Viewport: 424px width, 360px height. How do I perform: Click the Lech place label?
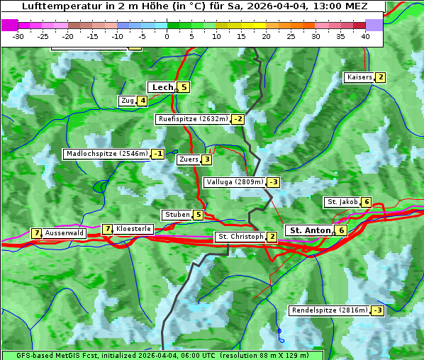[x=162, y=87]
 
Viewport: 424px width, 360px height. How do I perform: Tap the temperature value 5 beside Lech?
[x=184, y=87]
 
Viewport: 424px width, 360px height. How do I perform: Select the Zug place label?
[x=128, y=101]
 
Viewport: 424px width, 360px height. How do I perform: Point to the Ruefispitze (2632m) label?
[x=193, y=119]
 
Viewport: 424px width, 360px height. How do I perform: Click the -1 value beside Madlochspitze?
[x=158, y=154]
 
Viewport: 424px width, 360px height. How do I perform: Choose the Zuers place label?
[x=189, y=159]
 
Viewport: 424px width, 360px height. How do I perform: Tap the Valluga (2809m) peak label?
[x=235, y=182]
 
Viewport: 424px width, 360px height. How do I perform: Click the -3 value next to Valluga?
[x=274, y=182]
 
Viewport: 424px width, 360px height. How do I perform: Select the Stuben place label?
[x=177, y=215]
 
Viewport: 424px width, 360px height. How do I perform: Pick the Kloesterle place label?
[x=133, y=229]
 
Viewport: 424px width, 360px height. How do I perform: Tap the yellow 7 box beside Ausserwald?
[x=36, y=233]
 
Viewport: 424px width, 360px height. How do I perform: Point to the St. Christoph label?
[x=240, y=237]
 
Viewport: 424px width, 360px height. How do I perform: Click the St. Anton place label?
[x=311, y=230]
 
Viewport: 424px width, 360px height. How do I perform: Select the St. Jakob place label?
[x=342, y=202]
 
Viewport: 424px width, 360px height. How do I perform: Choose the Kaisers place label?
[x=359, y=77]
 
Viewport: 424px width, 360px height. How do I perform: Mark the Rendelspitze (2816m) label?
[x=330, y=310]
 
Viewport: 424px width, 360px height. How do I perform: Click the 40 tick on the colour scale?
[x=365, y=36]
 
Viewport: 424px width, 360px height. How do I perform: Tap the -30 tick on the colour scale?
[x=18, y=36]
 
